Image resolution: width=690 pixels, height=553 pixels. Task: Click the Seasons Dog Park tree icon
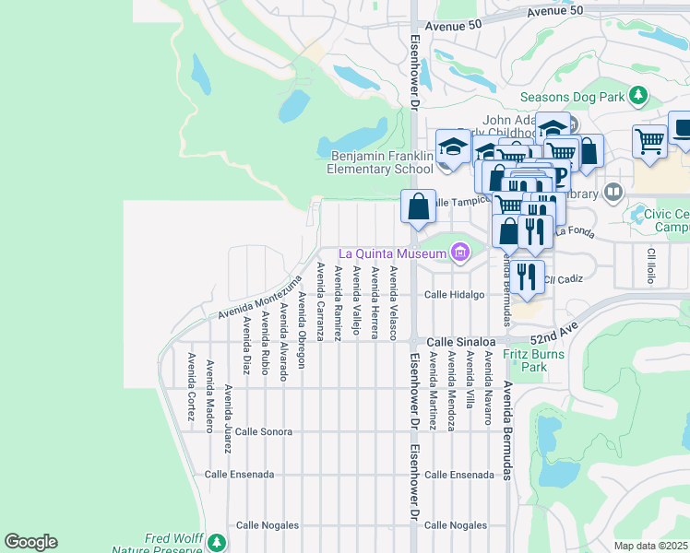[637, 95]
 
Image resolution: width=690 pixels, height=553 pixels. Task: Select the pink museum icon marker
[459, 253]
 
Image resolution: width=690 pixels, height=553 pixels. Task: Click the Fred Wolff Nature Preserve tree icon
[216, 542]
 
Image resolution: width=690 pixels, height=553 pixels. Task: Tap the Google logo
[30, 542]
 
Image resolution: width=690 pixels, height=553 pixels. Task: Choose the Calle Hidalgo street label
[454, 295]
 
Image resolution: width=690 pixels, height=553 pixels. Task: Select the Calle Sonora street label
[263, 431]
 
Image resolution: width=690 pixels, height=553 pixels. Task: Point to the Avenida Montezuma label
[260, 298]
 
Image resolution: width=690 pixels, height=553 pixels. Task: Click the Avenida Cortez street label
[192, 387]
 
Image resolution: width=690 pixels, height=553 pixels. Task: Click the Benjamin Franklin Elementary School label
[379, 162]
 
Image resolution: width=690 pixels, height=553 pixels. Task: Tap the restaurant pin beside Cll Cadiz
[527, 277]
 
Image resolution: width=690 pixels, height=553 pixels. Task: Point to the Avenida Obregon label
[302, 329]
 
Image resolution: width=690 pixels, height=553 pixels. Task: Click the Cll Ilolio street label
[651, 265]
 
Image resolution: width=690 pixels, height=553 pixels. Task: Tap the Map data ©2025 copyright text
[650, 546]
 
